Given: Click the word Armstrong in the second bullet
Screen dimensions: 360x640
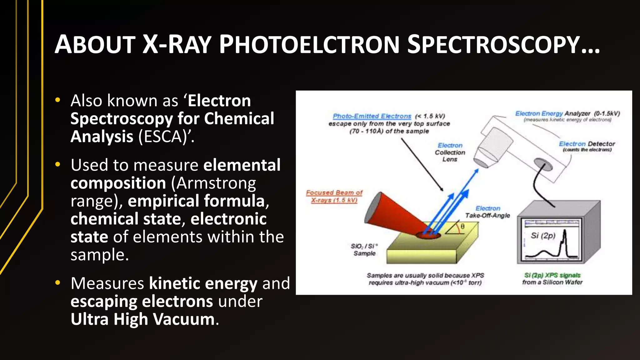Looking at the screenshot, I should (213, 183).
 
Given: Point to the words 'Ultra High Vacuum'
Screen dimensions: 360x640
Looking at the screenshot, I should (143, 319).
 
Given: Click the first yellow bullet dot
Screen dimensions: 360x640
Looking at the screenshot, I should (58, 100).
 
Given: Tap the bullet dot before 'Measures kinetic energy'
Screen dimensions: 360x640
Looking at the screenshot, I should (58, 283).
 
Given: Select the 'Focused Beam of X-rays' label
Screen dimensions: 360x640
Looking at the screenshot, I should (334, 196).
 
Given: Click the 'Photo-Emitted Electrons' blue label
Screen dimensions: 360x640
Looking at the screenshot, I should (372, 116).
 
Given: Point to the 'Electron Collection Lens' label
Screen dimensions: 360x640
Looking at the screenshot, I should (450, 152).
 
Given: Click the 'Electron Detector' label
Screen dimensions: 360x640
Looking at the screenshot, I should (587, 144).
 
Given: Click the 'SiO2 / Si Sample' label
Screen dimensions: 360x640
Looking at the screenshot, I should (364, 250).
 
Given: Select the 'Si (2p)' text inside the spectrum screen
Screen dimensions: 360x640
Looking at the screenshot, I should (543, 236).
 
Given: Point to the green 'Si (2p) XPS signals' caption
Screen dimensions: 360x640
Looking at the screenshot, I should (552, 275).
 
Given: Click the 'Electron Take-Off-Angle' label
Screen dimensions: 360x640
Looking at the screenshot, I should (487, 212).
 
